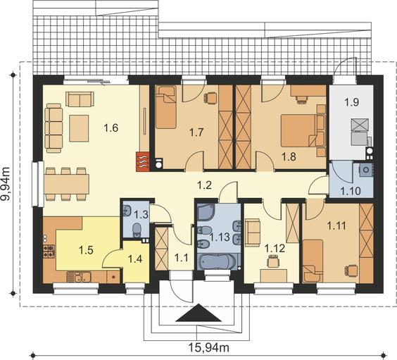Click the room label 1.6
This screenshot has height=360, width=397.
pos(111,128)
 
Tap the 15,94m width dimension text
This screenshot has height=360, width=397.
pos(209,347)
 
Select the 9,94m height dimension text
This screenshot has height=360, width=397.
pos(6,184)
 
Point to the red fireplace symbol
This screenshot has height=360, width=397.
pos(143,161)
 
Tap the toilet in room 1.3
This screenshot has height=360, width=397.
pos(137,230)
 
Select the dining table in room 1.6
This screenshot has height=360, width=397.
pos(66,184)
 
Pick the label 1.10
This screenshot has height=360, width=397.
pos(351,191)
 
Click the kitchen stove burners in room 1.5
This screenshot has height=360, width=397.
pos(49,251)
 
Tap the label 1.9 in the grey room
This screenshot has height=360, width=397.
pos(352,102)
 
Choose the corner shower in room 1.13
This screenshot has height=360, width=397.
pos(206,212)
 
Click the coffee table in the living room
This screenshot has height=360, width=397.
pos(79,128)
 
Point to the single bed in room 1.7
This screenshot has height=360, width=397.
pos(165,107)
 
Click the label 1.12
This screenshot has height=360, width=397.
pos(275,248)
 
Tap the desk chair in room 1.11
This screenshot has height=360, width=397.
pos(351,270)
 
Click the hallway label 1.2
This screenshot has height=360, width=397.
pos(204,185)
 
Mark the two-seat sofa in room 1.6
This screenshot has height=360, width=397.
pos(80,99)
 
